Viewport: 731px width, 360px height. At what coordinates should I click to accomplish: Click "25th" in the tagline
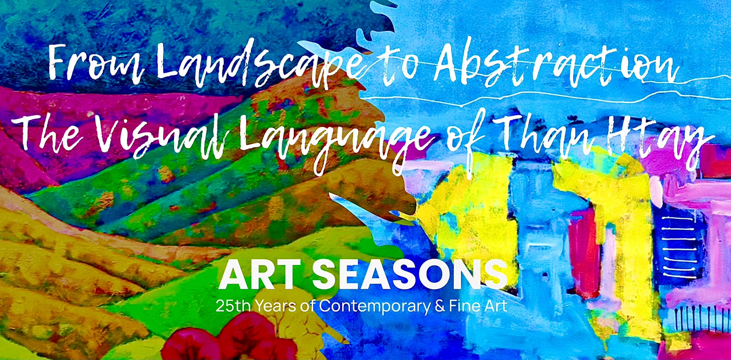(233, 306)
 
